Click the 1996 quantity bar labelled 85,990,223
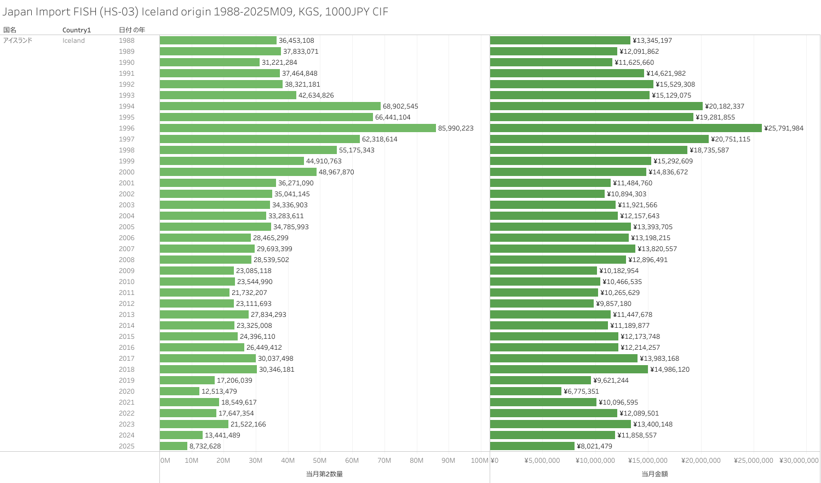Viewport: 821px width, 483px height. click(x=297, y=128)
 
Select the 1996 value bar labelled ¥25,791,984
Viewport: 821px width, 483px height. click(x=625, y=128)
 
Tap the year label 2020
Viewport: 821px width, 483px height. click(x=127, y=391)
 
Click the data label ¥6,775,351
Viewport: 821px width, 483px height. click(x=581, y=391)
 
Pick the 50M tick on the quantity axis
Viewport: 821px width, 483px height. click(x=320, y=461)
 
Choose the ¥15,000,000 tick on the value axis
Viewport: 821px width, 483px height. click(x=648, y=461)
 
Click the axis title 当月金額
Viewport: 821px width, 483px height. click(x=654, y=474)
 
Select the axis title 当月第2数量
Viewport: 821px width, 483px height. click(x=324, y=474)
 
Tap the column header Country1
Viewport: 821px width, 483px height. click(x=77, y=30)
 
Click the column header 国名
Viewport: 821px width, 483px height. click(x=10, y=30)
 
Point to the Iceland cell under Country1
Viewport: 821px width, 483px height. click(x=73, y=41)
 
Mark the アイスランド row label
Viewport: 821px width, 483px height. click(x=18, y=41)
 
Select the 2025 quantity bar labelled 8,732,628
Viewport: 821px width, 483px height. click(x=174, y=446)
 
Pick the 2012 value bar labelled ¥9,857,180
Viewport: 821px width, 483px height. click(x=542, y=304)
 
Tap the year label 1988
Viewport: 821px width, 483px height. click(x=127, y=41)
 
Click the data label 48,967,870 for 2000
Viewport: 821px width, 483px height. click(x=336, y=172)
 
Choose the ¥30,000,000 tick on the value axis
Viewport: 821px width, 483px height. click(x=799, y=461)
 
